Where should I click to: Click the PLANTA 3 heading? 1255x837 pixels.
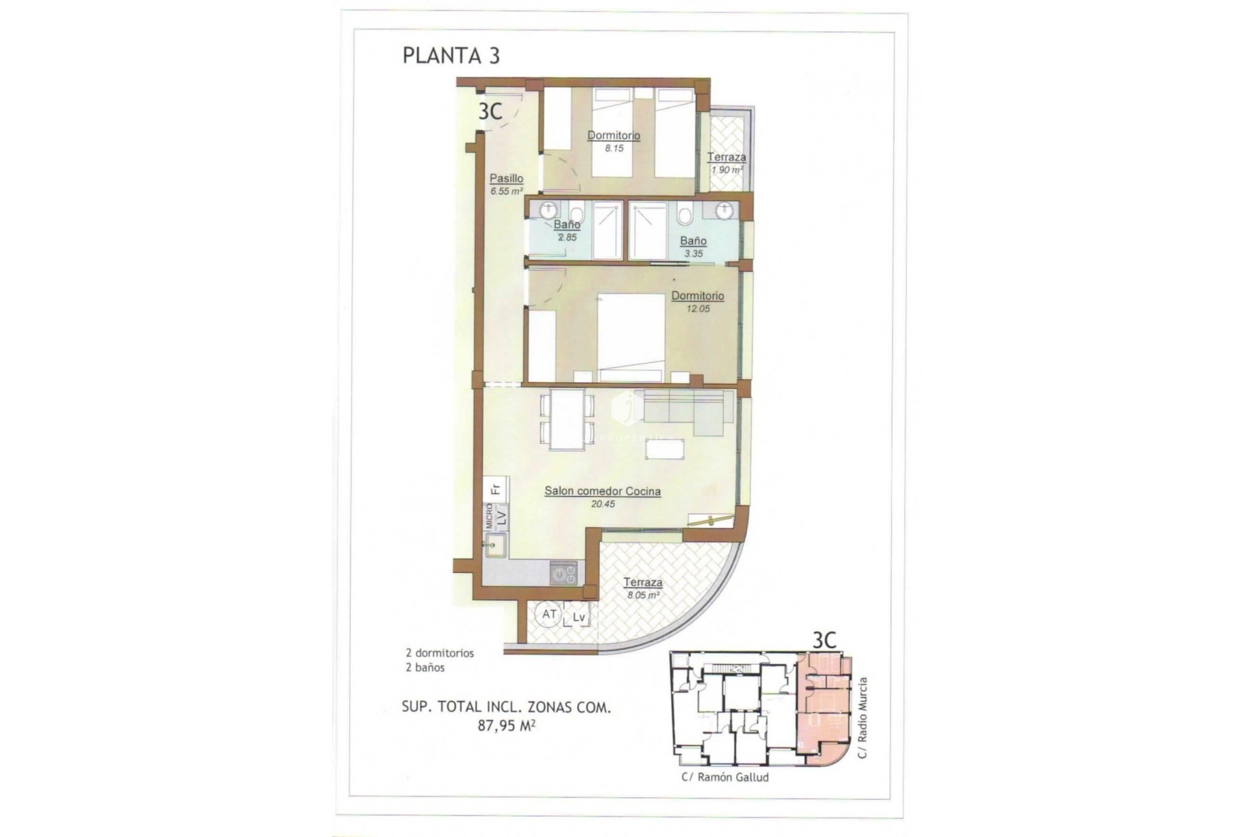pos(451,56)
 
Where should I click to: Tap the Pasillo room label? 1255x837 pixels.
pos(507,178)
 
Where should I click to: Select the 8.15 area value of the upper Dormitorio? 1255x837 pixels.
pos(614,148)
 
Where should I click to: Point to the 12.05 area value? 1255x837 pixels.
pos(697,309)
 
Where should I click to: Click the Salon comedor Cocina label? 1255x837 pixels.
pos(602,491)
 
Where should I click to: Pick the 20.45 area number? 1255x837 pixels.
pos(602,504)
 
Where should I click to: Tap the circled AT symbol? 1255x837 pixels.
pos(549,615)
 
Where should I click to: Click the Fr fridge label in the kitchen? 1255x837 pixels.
pos(495,488)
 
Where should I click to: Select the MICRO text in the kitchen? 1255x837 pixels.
pos(489,515)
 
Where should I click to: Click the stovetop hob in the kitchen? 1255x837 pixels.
pos(563,574)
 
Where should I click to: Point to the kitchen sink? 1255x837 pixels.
pos(495,545)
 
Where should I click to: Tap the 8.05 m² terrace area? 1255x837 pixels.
pos(643,596)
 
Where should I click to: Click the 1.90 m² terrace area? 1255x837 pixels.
pos(727,170)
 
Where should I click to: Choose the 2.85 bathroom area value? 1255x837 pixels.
pos(567,237)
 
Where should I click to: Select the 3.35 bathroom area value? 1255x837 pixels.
pos(693,254)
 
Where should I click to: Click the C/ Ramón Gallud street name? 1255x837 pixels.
pos(725,777)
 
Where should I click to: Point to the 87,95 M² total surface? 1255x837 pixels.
pos(507,725)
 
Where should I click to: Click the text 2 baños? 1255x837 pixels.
pos(425,668)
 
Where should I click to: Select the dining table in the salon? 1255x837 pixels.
pos(567,419)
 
